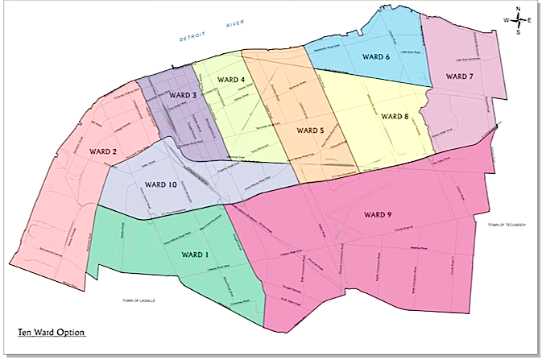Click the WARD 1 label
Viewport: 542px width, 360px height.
tap(196, 255)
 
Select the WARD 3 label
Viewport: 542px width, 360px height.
tap(183, 96)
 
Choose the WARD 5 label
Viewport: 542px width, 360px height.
tap(310, 130)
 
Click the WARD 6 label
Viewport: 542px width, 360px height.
tap(376, 57)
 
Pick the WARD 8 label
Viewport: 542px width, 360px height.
tap(395, 117)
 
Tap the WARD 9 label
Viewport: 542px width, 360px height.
tap(378, 214)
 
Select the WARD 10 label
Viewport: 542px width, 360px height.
tap(160, 185)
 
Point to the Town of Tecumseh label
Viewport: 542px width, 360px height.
tap(507, 225)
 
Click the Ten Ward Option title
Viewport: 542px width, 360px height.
tap(52, 331)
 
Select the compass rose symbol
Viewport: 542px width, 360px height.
tap(517, 21)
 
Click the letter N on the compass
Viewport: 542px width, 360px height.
tap(518, 9)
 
